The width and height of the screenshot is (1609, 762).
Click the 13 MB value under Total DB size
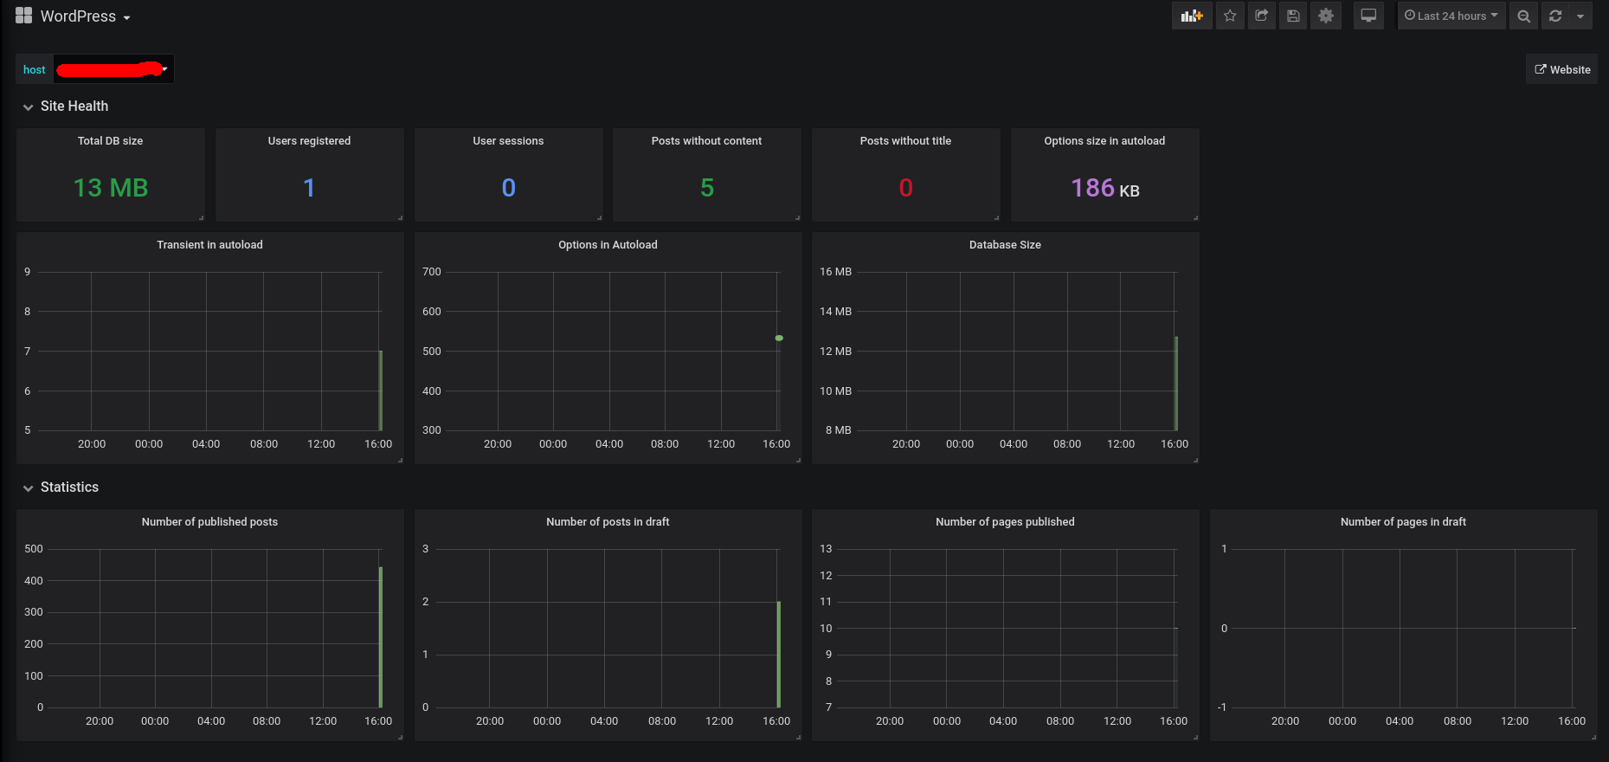[111, 188]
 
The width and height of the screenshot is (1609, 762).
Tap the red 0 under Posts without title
[905, 188]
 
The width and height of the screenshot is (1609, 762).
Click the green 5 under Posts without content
[707, 188]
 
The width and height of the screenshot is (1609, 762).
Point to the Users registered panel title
[309, 141]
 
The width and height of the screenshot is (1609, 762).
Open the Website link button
[1562, 70]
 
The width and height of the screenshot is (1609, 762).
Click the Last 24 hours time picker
[1451, 16]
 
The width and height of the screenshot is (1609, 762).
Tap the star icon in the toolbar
[1230, 16]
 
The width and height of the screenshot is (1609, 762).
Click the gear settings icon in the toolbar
[1325, 16]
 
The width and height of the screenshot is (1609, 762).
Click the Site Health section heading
[74, 107]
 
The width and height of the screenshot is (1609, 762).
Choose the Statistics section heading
[69, 488]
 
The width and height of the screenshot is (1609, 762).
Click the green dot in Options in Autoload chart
[779, 338]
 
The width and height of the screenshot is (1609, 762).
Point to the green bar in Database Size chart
[1175, 383]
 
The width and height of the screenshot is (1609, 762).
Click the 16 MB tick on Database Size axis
[835, 272]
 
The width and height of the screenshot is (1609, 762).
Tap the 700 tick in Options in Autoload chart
[431, 272]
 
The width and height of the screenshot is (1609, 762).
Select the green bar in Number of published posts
[380, 636]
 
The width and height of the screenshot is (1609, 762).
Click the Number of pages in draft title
[1403, 522]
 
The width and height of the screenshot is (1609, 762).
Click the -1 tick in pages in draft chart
[1221, 707]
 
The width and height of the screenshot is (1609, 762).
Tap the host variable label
[35, 70]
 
